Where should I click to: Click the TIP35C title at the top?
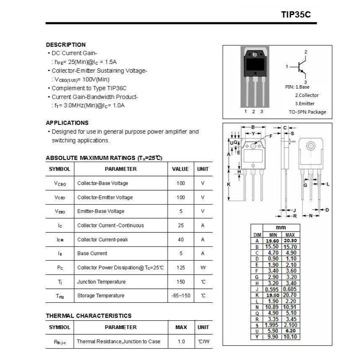tap(295, 15)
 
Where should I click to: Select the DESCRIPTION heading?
tap(66, 45)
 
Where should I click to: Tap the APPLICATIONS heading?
tap(67, 123)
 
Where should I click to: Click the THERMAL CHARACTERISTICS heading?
tap(88, 316)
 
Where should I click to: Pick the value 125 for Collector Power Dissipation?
tap(181, 268)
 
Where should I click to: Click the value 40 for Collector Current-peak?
tap(181, 239)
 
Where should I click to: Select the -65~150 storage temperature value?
tap(181, 296)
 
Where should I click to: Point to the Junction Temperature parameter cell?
tap(101, 282)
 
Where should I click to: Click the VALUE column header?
tap(180, 169)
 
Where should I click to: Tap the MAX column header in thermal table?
tap(181, 327)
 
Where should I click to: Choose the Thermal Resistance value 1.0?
tap(181, 341)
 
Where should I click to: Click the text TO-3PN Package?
tap(307, 112)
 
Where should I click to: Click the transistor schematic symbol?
tap(301, 67)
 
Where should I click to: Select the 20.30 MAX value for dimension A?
tap(290, 241)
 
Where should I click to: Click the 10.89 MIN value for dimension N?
tap(273, 307)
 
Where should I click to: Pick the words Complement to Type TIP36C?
tap(89, 88)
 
